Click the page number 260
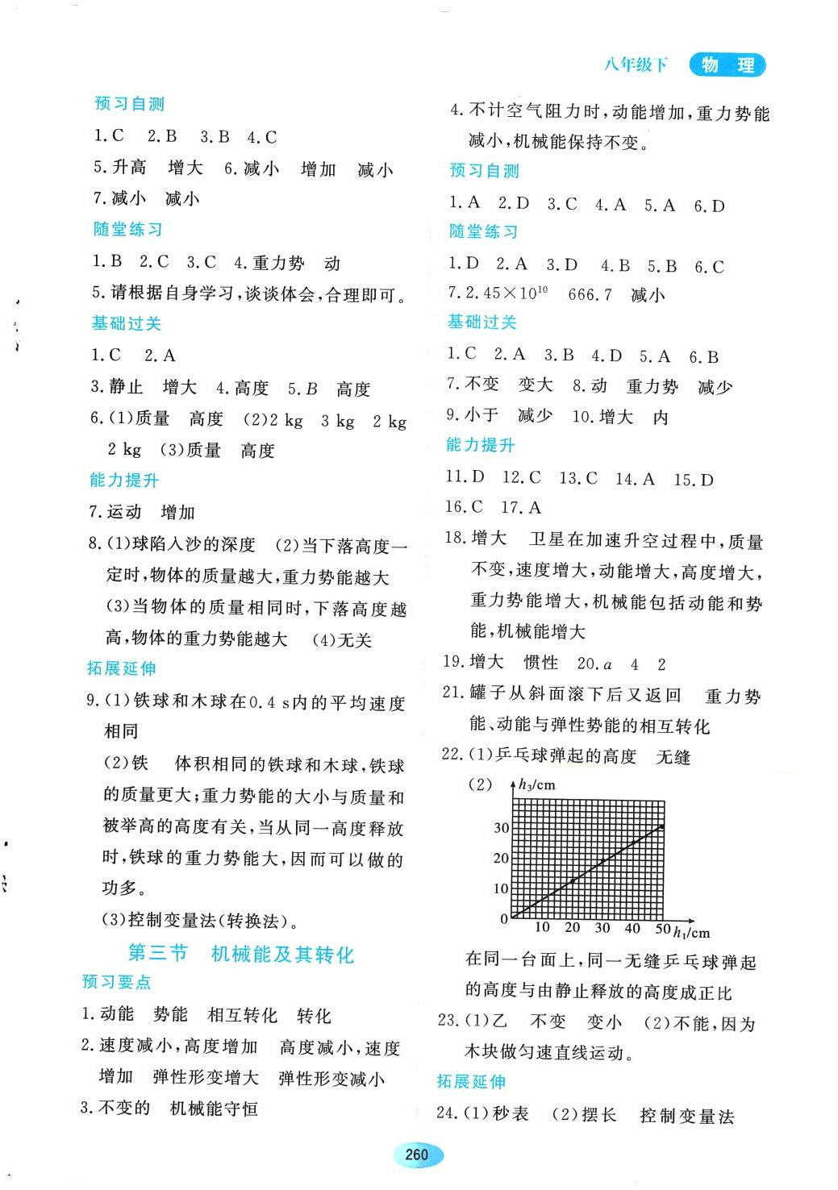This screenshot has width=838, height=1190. pos(416,1155)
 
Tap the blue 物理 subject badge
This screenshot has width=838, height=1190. pos(728,65)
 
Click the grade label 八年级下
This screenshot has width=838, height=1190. pos(636,65)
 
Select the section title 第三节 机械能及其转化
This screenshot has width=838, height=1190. pos(241,954)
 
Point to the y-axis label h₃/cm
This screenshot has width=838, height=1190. pos(536,784)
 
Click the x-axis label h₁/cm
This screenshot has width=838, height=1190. pos(692,933)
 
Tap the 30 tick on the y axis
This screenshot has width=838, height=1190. pos(501,828)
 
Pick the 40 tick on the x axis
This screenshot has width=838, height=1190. pos(632,929)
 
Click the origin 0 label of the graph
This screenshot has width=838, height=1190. pos(504,919)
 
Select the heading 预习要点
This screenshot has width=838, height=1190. pos(117,982)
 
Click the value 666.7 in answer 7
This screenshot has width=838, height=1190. pos(590,295)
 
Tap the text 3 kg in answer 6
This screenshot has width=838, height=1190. pos(337,421)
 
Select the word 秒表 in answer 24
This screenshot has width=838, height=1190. pos(511,1114)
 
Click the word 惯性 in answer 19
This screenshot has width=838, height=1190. pos(540,663)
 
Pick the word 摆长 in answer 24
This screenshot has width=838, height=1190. pos(599,1115)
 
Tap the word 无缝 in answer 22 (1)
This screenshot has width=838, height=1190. pos(673,757)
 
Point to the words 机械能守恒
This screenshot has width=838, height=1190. pos(214,1109)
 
